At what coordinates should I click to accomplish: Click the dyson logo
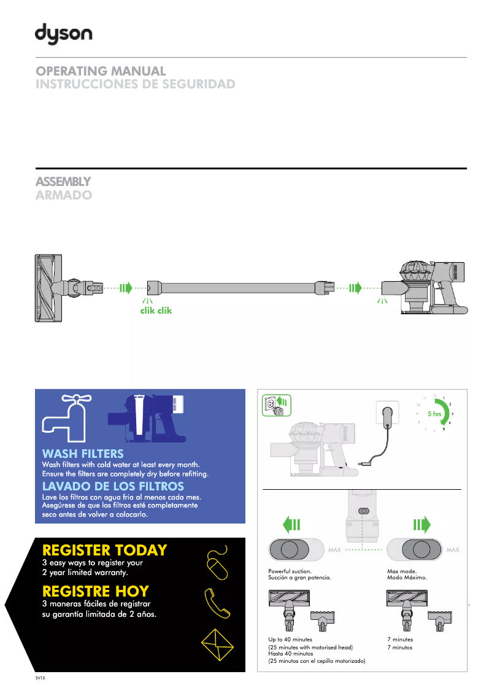63,34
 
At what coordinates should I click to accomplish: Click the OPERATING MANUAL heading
101,71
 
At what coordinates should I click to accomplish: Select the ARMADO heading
64,195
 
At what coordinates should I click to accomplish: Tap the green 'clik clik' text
156,311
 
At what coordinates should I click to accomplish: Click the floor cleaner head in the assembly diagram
47,287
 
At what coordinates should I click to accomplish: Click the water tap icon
66,416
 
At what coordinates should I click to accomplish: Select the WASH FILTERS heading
83,454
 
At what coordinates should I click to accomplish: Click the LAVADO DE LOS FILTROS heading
113,487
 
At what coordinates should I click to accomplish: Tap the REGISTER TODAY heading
104,550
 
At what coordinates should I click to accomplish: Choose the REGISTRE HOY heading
96,592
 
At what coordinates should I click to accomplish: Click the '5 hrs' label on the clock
434,414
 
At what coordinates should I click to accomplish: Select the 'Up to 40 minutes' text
290,640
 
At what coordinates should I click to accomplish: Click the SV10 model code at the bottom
40,678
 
